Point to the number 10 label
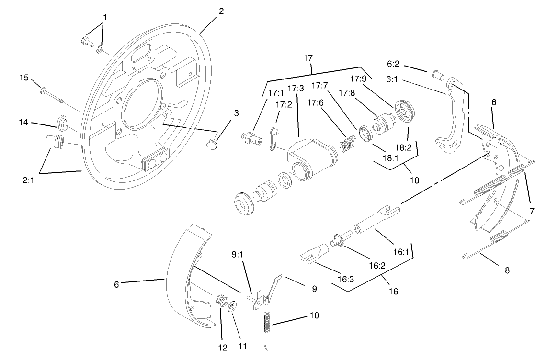(x=314, y=315)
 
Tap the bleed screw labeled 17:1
(x=250, y=138)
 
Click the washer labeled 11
(x=232, y=306)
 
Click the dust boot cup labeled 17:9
(x=405, y=111)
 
